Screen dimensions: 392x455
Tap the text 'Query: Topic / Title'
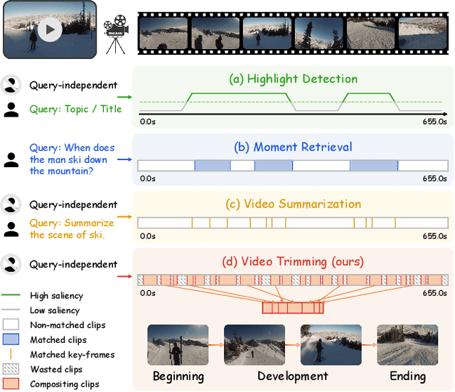coord(75,109)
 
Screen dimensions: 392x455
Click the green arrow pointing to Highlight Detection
coord(125,97)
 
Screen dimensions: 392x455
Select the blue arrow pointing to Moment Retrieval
coord(125,159)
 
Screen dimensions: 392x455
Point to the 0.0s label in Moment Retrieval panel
coord(148,178)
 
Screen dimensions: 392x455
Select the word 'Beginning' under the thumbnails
coord(178,376)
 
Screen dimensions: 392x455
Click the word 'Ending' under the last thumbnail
coord(407,376)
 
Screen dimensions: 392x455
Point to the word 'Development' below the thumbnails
coord(292,376)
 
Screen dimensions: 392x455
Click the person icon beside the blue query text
coord(11,160)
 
